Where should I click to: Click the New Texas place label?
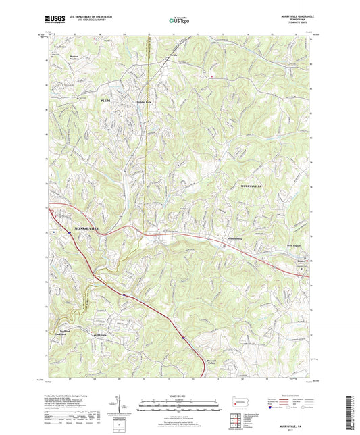click(59, 47)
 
